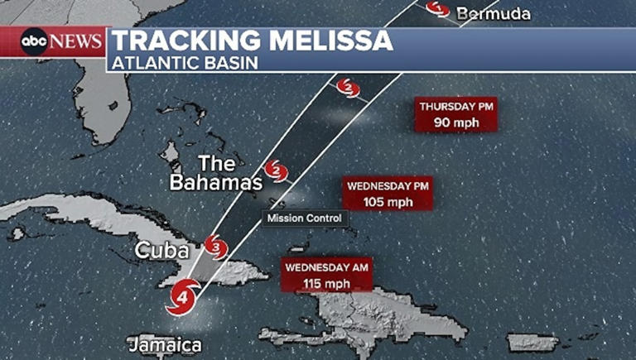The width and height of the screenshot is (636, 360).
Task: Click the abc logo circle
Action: pyautogui.click(x=34, y=41)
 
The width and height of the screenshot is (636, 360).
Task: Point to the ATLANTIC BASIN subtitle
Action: pyautogui.click(x=185, y=62)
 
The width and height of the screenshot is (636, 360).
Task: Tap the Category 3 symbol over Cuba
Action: pyautogui.click(x=215, y=246)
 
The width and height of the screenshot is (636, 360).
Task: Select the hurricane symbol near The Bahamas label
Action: pyautogui.click(x=277, y=172)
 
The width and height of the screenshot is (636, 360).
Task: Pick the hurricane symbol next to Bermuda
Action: pyautogui.click(x=438, y=8)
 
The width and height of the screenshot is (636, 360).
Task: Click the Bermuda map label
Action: pyautogui.click(x=493, y=13)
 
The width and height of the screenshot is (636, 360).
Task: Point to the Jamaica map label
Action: pyautogui.click(x=165, y=344)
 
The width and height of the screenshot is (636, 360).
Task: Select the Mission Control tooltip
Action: pyautogui.click(x=304, y=218)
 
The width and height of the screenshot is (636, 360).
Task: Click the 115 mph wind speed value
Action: pyautogui.click(x=326, y=284)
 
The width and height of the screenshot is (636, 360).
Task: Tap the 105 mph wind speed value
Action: pyautogui.click(x=389, y=202)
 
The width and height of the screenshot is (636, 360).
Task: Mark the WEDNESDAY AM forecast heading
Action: pyautogui.click(x=326, y=268)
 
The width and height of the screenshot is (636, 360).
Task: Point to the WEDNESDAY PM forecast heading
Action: pyautogui.click(x=389, y=186)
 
